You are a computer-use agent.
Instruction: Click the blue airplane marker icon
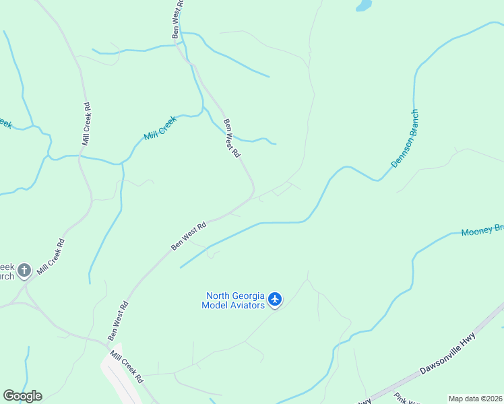click(x=275, y=299)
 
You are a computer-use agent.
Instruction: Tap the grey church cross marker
click(x=24, y=271)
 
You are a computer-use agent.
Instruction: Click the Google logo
click(x=22, y=396)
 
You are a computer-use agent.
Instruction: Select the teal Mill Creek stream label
click(x=160, y=128)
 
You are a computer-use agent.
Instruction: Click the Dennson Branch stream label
click(x=405, y=139)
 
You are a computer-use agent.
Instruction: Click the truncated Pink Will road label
click(x=407, y=398)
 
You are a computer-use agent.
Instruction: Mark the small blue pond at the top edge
click(x=364, y=5)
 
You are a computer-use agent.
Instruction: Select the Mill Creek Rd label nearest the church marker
click(x=51, y=257)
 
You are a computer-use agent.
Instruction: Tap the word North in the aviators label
click(x=220, y=295)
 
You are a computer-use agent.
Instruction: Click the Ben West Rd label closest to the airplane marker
click(x=189, y=237)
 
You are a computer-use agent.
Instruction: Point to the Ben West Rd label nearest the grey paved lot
click(x=118, y=321)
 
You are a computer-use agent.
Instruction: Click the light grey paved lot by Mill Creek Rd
click(x=118, y=377)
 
